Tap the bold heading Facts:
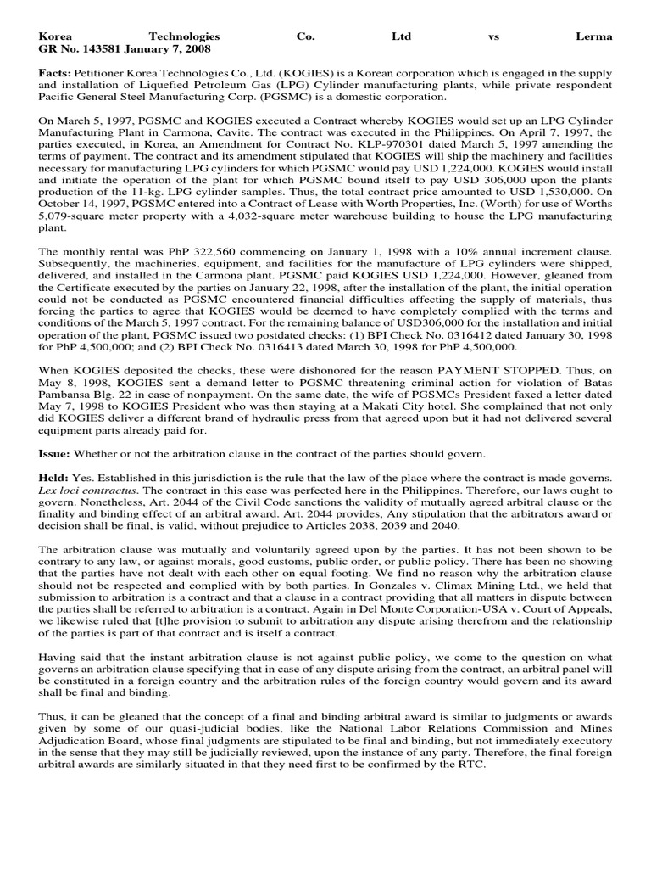[54, 75]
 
